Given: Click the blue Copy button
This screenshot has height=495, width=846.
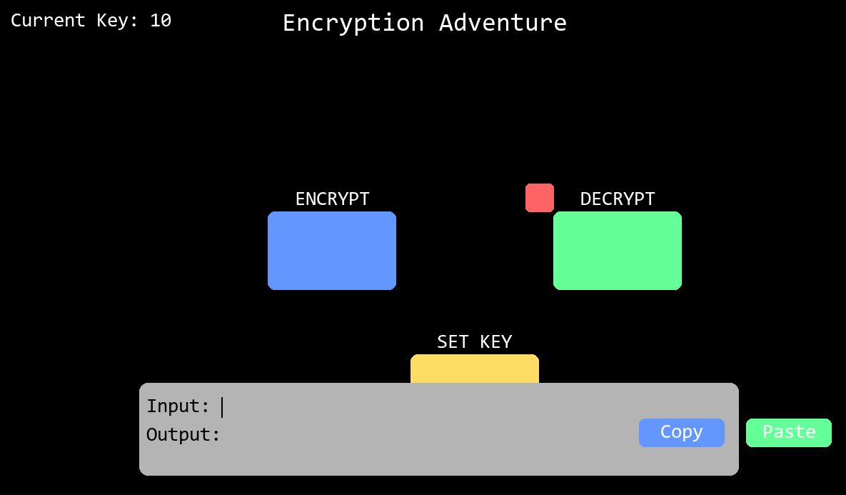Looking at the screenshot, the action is pos(681,432).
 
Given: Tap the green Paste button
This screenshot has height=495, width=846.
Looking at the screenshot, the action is pos(789,432).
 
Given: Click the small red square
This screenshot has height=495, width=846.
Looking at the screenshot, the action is pos(540,198).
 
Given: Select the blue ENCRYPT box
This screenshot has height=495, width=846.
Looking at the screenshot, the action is pos(332,251).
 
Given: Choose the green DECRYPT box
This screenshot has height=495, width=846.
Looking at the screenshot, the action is pos(618,251).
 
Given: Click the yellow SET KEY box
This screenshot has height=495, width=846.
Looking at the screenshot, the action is pos(475,369).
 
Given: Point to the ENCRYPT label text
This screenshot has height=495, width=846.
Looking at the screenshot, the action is pos(333,199).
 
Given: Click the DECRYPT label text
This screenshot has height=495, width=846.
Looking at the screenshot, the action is pos(618,199).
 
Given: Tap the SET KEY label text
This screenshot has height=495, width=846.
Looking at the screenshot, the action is pos(475,341).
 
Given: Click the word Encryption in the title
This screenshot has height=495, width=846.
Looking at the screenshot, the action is pos(353,23).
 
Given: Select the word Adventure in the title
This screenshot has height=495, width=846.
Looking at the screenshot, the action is pos(503,23).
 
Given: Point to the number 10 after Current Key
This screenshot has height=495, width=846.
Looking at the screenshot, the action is pos(161,21).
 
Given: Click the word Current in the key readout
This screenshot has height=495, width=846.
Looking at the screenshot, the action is pos(48,21).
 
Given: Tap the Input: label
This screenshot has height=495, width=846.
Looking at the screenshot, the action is pos(178,406).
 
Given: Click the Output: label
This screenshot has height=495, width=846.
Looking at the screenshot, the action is pos(183,434).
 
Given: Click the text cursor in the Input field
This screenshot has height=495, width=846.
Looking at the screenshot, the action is pos(222,407).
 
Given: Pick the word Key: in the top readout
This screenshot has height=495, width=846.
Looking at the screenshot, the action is pos(118,21).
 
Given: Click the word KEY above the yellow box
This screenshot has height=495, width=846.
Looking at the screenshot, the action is pos(496,341).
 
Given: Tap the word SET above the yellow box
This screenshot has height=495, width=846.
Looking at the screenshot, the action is pos(453,341).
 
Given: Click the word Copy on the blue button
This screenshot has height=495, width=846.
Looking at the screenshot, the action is pos(681,432).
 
